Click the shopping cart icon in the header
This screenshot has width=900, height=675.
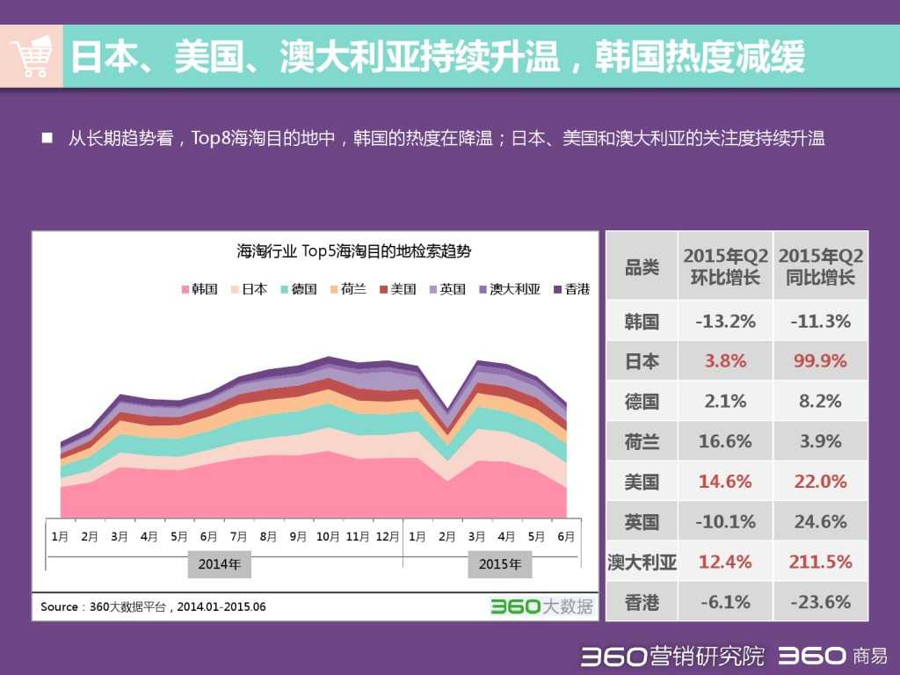coord(32,57)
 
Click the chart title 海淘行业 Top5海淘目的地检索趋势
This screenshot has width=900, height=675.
coord(353,251)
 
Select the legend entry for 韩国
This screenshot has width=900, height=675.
coord(200,289)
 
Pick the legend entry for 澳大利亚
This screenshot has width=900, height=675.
coord(509,289)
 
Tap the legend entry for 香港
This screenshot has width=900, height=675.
coord(571,289)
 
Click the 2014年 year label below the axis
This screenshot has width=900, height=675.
coord(220,564)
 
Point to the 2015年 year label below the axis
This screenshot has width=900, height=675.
coord(500,564)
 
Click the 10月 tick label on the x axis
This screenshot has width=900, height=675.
coord(328,536)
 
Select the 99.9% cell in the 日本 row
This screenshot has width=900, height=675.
coord(820,361)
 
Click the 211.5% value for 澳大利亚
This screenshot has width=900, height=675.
coord(820,562)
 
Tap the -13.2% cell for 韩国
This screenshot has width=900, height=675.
coord(725,321)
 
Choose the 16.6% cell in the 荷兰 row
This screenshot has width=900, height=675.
coord(725,441)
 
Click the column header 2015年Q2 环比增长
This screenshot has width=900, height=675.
coord(725,266)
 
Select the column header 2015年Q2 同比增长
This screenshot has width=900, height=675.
coord(820,266)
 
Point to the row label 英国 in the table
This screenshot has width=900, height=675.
coord(642,522)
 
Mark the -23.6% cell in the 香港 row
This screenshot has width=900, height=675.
coord(820,602)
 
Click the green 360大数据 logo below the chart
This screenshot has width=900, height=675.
coord(541,606)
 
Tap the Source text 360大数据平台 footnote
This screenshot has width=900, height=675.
coord(153,606)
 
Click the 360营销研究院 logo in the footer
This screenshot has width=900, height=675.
coord(672,657)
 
